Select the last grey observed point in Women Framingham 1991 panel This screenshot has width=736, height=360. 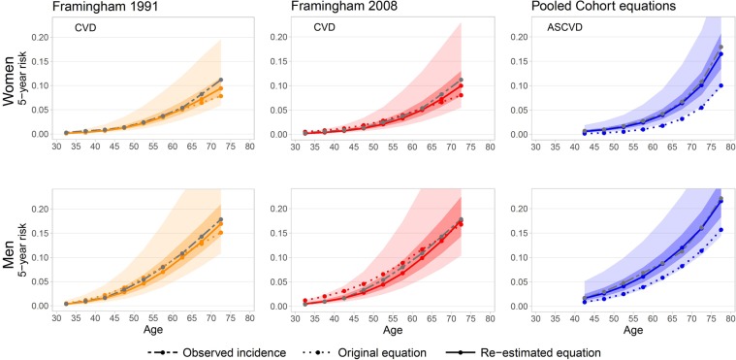221,80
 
